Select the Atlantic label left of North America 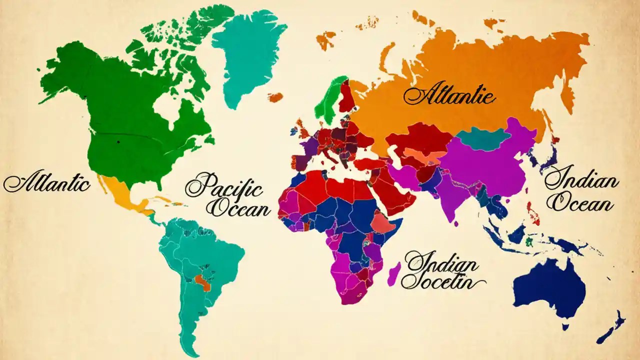[47, 183]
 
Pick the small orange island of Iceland [275, 97]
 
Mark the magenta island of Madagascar [393, 274]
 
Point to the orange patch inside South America [203, 282]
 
